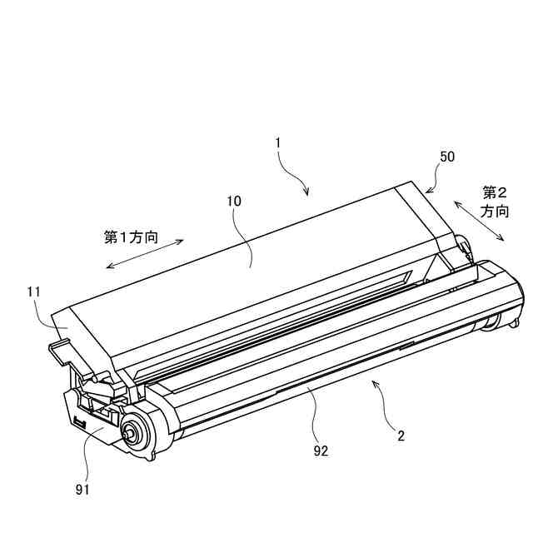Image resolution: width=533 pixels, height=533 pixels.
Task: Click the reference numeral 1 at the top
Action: coord(278,143)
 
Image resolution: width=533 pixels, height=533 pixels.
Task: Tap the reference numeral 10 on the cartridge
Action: coord(234,201)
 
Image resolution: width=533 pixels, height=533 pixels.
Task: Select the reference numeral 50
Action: coord(447,157)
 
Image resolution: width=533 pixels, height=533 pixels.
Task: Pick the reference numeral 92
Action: coord(321,451)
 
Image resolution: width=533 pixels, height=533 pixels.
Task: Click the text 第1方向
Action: coord(132,237)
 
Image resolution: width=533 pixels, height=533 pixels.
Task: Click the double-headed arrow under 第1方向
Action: coord(146,255)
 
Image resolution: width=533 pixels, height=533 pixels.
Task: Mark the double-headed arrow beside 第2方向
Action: coord(478,220)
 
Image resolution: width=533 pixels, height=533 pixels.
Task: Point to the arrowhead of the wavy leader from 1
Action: coord(307,197)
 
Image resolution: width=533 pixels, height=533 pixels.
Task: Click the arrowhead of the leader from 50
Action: coord(427,192)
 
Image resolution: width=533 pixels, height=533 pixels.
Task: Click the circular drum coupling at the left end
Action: coord(131,431)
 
